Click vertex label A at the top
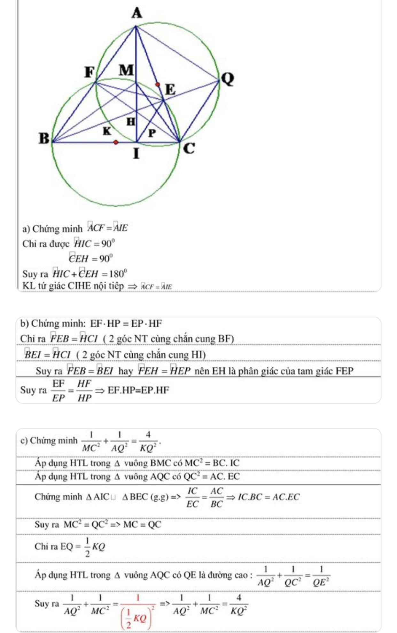[x=137, y=13]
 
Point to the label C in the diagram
[x=189, y=148]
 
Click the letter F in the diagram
[x=90, y=72]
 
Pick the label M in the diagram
[x=127, y=70]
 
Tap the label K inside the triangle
[x=107, y=131]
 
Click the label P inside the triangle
[x=152, y=133]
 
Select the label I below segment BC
[x=136, y=154]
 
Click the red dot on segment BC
[x=116, y=142]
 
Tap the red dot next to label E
[x=158, y=84]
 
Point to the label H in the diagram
[x=131, y=122]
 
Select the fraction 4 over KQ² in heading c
[x=148, y=441]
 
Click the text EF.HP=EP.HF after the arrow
[x=138, y=390]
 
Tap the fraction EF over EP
[x=58, y=390]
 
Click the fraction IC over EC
[x=192, y=497]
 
